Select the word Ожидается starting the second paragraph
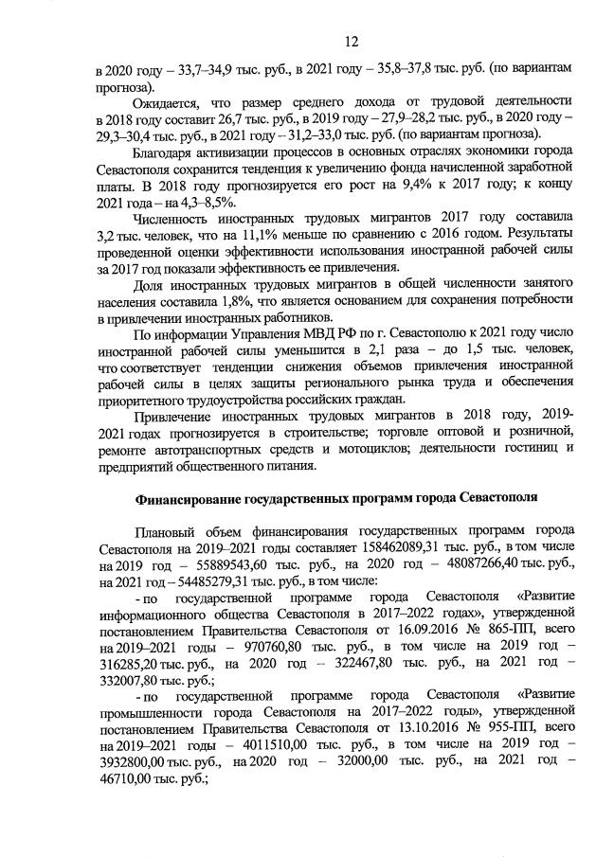172,102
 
